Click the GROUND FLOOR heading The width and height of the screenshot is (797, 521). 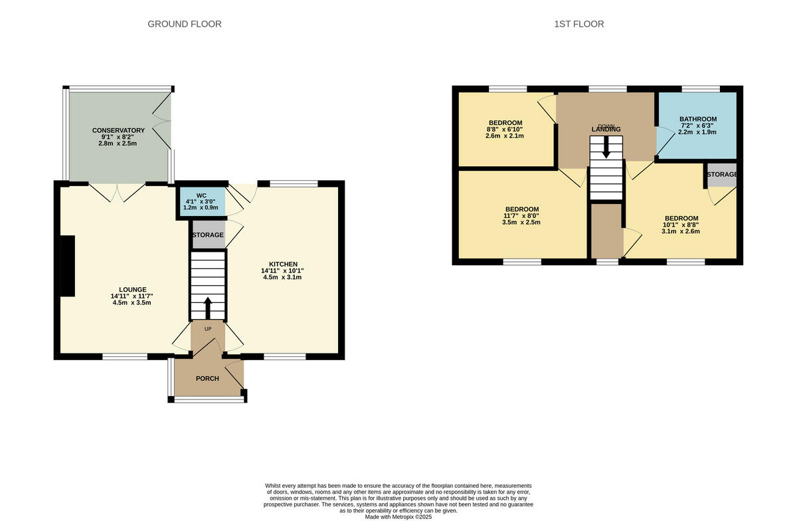click(185, 24)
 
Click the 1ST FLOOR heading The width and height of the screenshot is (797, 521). click(579, 24)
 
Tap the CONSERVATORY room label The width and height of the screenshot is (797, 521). click(118, 130)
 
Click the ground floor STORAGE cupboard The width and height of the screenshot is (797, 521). click(208, 235)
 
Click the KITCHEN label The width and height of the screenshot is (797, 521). click(283, 264)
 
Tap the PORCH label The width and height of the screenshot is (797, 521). click(207, 379)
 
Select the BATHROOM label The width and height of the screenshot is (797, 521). click(697, 120)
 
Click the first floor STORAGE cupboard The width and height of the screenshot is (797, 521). click(721, 175)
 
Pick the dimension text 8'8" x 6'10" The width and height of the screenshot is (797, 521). click(505, 130)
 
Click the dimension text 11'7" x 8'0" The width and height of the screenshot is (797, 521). click(522, 216)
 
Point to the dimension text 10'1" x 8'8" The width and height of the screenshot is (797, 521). click(681, 225)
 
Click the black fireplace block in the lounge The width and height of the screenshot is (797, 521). click(67, 266)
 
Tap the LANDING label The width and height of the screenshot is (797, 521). click(606, 129)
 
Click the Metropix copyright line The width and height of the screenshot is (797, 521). click(398, 516)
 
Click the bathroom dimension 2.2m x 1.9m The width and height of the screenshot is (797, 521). click(697, 133)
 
